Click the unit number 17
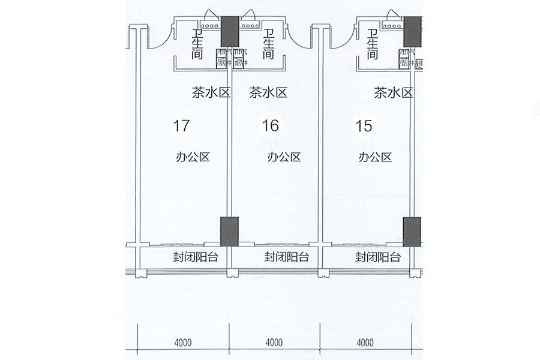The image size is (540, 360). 182,126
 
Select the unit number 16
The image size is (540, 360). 271,126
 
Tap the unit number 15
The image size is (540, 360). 364,126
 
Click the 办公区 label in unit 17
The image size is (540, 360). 192,157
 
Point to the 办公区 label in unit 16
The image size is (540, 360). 283,157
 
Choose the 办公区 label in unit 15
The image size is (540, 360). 375,157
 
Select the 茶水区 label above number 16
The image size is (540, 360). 268,92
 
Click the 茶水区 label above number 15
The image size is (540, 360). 394,92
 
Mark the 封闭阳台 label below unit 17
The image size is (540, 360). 194,257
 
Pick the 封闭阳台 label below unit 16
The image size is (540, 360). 286,257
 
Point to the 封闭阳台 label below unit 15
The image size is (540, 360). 377,257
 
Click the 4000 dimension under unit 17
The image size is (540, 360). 183,343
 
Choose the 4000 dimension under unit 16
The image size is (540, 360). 274,343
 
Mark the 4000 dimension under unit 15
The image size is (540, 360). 365,343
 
